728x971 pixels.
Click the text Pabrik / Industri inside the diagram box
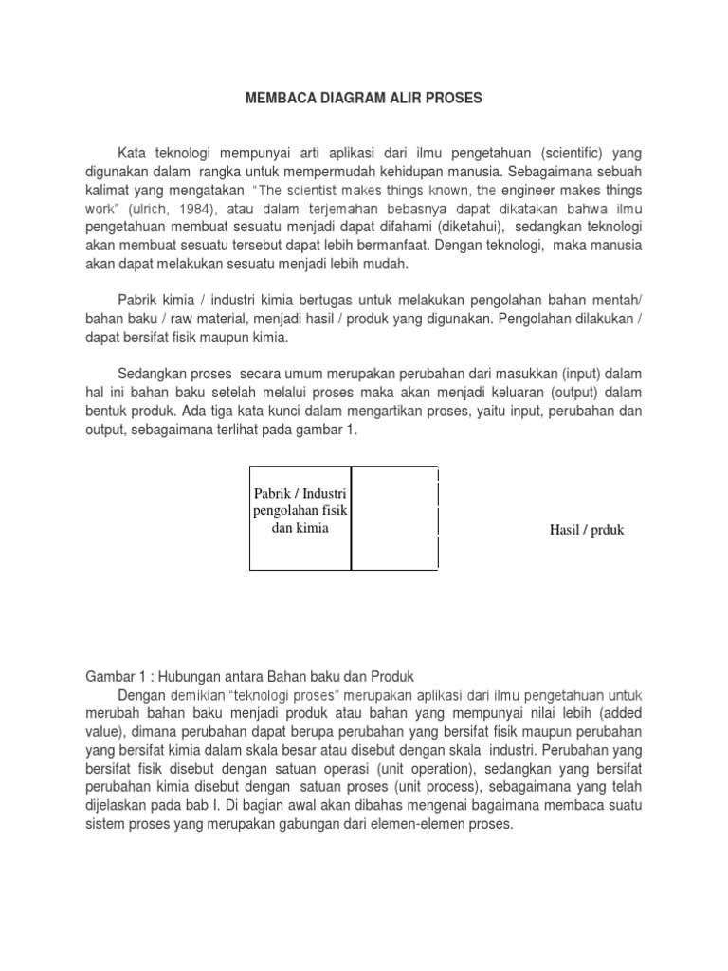tap(300, 493)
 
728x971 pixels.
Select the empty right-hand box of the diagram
tap(394, 519)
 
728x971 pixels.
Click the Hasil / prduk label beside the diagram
tap(587, 530)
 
